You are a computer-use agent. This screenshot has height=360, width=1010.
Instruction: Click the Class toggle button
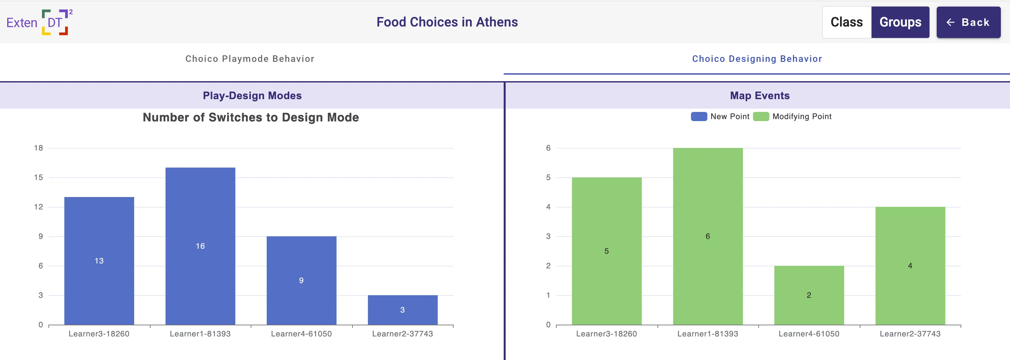tap(846, 22)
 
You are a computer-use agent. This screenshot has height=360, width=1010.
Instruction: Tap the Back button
tap(968, 22)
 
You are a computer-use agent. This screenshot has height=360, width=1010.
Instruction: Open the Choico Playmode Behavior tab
tap(250, 59)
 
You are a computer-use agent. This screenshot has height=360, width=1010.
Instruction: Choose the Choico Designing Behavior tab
tap(757, 59)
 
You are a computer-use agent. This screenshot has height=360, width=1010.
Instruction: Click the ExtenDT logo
tap(40, 22)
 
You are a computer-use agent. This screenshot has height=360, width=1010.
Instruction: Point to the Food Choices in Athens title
tap(447, 22)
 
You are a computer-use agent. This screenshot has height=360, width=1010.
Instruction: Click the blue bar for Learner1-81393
tap(200, 246)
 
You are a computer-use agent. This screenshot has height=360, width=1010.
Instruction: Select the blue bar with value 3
tap(402, 310)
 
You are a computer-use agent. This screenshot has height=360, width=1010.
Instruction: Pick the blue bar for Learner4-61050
tap(301, 280)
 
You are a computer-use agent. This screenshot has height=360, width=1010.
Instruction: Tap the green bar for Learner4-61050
tap(809, 295)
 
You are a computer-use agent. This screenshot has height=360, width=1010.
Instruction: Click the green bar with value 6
tap(708, 236)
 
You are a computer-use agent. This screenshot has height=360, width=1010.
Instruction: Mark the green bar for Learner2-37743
tap(910, 265)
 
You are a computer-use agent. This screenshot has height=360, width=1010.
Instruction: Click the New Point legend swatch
tap(699, 117)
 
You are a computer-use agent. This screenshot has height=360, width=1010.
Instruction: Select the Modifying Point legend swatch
tap(761, 117)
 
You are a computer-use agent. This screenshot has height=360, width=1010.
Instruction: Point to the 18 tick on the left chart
tap(38, 148)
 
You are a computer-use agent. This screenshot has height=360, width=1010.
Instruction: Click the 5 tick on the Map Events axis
tap(548, 177)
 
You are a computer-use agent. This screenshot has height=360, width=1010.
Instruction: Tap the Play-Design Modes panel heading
tap(252, 96)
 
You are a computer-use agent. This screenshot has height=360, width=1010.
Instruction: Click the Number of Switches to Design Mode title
tap(251, 117)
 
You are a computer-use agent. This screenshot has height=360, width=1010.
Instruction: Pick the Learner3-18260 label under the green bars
tap(606, 334)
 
